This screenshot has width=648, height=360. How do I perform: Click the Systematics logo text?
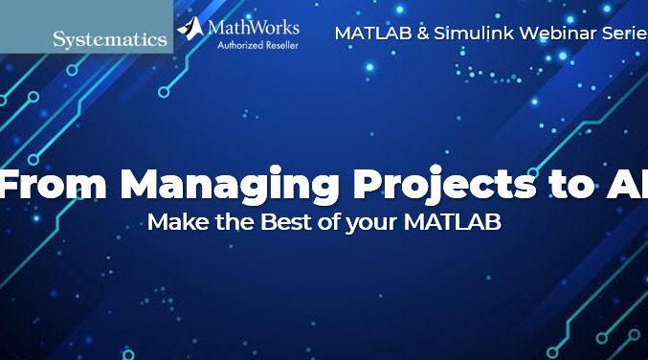click(110, 40)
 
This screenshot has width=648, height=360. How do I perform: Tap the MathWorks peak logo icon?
click(190, 29)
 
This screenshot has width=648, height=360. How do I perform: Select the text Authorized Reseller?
click(251, 44)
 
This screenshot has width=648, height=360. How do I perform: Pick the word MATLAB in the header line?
click(367, 33)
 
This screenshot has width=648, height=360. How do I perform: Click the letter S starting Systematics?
click(59, 40)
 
